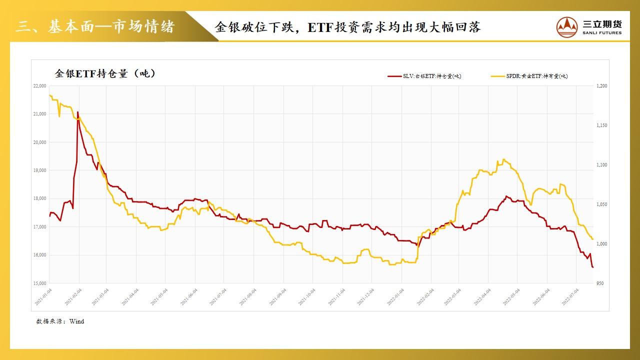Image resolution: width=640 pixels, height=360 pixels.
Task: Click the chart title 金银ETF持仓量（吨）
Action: click(x=105, y=73)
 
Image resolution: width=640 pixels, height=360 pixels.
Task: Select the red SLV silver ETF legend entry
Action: click(x=424, y=76)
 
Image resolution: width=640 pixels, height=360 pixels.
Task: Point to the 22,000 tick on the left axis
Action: click(x=39, y=86)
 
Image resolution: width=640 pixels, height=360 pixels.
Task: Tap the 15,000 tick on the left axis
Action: click(x=39, y=283)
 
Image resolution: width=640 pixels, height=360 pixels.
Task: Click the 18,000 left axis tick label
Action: click(x=39, y=198)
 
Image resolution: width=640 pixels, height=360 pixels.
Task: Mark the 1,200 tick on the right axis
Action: click(x=601, y=86)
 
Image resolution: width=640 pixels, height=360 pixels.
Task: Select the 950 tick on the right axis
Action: click(x=600, y=283)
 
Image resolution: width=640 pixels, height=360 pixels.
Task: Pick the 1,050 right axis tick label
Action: click(x=601, y=204)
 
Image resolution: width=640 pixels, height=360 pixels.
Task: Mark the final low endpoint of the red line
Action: click(x=593, y=267)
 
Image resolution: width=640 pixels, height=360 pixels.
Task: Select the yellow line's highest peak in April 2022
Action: click(x=503, y=159)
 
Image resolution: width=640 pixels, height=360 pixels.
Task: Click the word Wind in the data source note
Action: click(x=76, y=321)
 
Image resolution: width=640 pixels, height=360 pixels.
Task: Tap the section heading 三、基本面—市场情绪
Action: click(x=95, y=26)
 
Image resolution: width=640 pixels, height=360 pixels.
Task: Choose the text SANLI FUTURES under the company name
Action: click(x=602, y=33)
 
